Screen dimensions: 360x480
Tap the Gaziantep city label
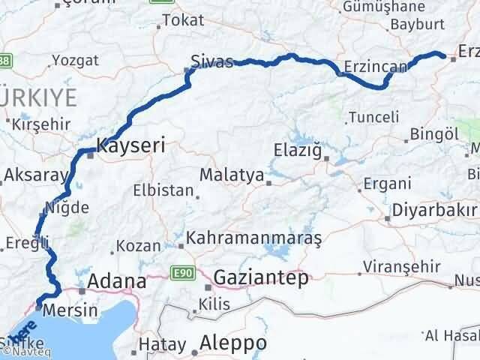point(260,278)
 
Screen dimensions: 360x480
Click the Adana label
point(116,281)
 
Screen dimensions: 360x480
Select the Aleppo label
point(233,343)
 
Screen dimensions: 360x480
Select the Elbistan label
point(163,190)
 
